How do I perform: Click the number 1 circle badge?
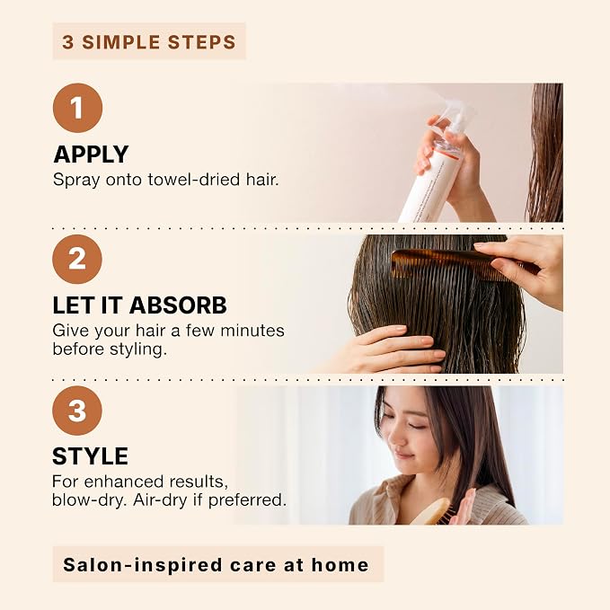[77, 108]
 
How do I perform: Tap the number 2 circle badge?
[77, 259]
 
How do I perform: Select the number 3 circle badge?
[77, 411]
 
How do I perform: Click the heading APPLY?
[91, 155]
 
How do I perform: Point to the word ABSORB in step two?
[178, 305]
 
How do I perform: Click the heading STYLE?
[90, 456]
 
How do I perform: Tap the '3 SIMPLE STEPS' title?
[149, 42]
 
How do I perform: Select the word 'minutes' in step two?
[252, 331]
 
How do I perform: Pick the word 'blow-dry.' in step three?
[90, 500]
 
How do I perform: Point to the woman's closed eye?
[417, 426]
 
